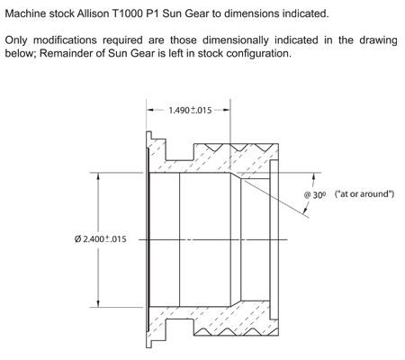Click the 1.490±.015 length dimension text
click(x=190, y=111)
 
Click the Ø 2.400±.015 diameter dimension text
click(x=101, y=239)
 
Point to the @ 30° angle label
click(x=315, y=195)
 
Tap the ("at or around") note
click(x=364, y=194)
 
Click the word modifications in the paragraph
click(x=65, y=40)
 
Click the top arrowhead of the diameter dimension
click(x=98, y=176)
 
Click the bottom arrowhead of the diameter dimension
click(x=98, y=303)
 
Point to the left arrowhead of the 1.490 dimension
click(x=150, y=110)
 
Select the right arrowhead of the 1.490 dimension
click(x=227, y=110)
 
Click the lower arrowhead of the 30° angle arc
click(x=305, y=211)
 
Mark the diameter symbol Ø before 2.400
click(x=77, y=239)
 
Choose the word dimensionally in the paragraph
click(x=236, y=40)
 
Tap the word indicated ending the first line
click(x=305, y=13)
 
